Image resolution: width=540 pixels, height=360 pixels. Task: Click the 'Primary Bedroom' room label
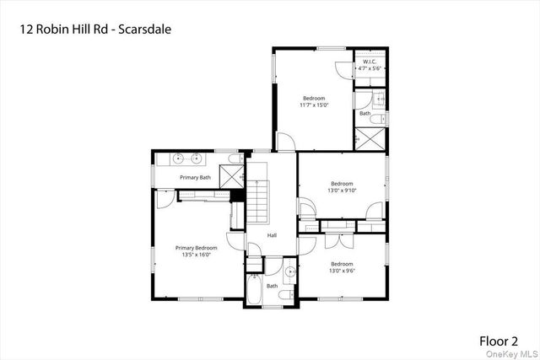click(196, 248)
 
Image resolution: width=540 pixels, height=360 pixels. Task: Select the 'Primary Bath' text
click(194, 179)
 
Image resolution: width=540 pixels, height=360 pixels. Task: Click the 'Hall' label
click(272, 235)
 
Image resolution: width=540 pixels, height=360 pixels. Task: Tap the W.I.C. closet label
click(369, 62)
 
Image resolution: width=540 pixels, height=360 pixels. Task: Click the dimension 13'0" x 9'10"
click(341, 191)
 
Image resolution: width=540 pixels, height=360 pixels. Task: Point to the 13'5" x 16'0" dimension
click(196, 255)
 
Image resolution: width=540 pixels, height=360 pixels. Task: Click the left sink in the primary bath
click(180, 158)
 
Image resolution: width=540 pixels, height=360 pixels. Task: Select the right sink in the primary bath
click(198, 158)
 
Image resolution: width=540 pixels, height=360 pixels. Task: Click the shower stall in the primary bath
click(231, 175)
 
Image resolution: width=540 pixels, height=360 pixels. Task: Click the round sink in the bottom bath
click(289, 271)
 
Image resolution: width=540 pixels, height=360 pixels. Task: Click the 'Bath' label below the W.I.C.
click(364, 113)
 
